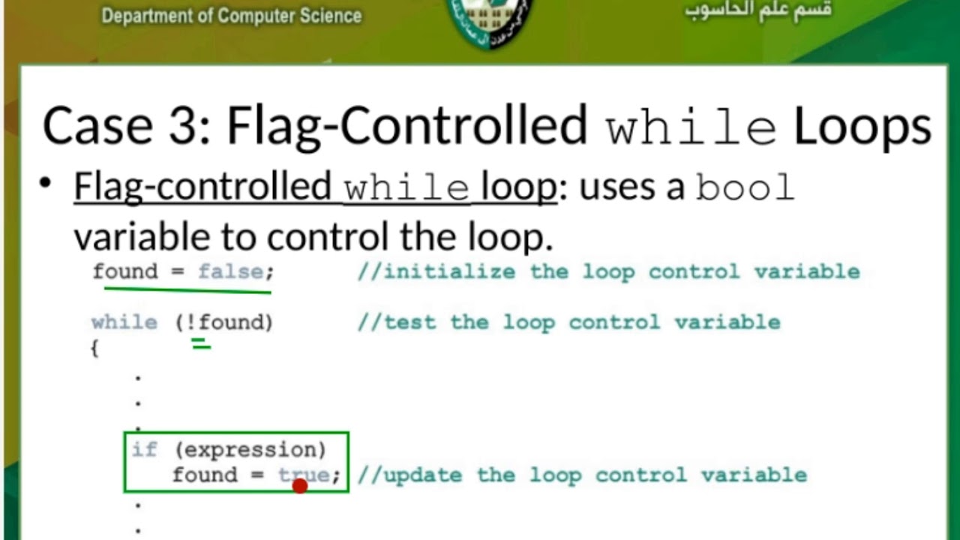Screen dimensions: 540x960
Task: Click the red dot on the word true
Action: coord(300,486)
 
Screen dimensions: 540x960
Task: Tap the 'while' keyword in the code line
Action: coord(124,322)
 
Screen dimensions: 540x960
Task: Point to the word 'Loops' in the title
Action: coord(862,125)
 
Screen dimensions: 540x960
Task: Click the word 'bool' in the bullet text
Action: coord(744,187)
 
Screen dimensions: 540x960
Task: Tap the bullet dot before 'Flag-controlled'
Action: coord(46,184)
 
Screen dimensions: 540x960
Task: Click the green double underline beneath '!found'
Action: coord(201,344)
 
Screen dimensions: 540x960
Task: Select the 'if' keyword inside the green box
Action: coord(145,449)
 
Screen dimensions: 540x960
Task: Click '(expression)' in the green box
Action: coord(250,450)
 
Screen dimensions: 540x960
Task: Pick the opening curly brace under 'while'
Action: coord(94,349)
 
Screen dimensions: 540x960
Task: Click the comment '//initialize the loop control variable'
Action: coord(608,271)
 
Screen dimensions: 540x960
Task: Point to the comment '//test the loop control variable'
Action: coord(568,322)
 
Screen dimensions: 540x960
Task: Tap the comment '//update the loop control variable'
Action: coord(582,475)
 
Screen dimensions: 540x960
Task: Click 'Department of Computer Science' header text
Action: coord(232,16)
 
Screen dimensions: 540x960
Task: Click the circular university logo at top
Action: coord(490,19)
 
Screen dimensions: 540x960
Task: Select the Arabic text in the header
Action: coord(757,11)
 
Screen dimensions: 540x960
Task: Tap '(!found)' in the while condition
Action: coord(224,322)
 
